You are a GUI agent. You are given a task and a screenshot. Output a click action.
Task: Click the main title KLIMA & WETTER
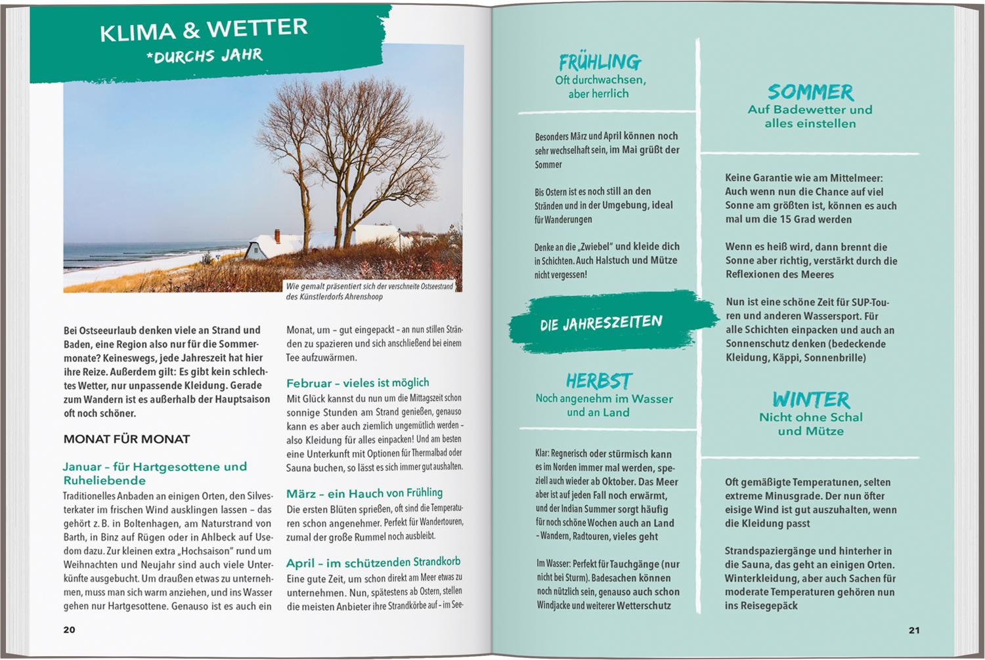pos(204,30)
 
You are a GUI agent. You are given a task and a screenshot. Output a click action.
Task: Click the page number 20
pos(69,630)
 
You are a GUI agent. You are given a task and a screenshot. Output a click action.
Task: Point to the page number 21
pos(914,630)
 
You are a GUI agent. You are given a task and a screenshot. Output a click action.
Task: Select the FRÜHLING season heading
pos(600,62)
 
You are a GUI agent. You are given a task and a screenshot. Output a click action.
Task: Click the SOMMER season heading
pos(810,92)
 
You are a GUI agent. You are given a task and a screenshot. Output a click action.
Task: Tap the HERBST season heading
pos(598,381)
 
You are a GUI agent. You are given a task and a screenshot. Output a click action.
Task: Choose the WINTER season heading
pos(810,399)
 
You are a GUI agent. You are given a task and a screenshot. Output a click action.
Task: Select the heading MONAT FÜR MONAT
pos(127,440)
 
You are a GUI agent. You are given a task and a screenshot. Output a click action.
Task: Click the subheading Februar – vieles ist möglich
pos(357,382)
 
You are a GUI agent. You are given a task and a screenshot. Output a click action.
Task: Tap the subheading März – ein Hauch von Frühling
pos(364,493)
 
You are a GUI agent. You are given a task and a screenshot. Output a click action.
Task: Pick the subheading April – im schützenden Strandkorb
pos(373,562)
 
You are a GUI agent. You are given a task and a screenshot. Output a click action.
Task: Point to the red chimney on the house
pos(276,235)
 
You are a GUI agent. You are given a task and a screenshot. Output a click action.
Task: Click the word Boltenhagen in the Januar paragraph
pos(139,524)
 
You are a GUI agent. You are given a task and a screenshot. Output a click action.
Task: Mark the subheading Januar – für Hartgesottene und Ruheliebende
pos(154,473)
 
